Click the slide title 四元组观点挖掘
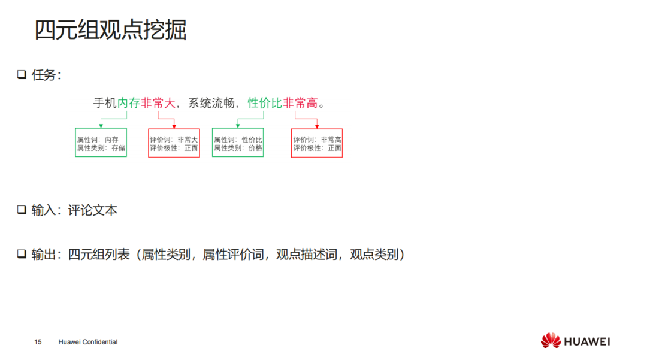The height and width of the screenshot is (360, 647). pos(110,29)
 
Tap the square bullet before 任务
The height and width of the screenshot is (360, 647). pos(22,75)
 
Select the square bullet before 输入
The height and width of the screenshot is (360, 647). pos(22,210)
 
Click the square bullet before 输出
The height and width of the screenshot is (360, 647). pos(22,255)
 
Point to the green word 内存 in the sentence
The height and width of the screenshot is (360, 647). pos(129,103)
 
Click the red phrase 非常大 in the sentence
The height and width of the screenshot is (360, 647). pos(158,103)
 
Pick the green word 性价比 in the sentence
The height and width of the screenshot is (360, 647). pos(265,103)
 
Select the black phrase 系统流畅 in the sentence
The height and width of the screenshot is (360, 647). pos(211,103)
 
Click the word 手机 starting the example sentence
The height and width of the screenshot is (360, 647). pos(105,103)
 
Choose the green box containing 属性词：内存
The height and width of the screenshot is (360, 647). pos(101,143)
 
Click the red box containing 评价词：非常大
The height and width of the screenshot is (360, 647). pos(174,143)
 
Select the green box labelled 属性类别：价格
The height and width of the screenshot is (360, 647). pos(238,143)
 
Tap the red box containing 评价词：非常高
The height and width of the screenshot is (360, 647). pos(317,143)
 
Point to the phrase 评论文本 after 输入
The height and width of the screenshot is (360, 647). pos(92,210)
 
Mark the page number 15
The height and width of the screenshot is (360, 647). pos(38,342)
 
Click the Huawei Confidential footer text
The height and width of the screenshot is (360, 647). pos(88,342)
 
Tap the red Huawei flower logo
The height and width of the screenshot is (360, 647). pos(551,341)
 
